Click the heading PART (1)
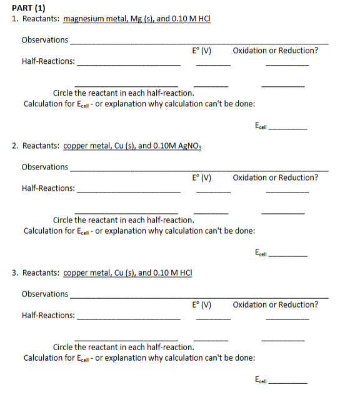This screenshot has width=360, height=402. [x=29, y=8]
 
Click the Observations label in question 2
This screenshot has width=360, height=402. [x=45, y=167]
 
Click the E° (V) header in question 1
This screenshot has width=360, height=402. [x=202, y=51]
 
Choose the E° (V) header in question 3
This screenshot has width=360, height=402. [x=202, y=305]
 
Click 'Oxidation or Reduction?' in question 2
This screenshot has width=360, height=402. [x=275, y=178]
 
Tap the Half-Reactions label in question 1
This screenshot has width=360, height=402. [x=48, y=61]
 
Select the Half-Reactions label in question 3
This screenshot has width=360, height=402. [x=48, y=316]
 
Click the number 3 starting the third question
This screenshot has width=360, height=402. [x=14, y=273]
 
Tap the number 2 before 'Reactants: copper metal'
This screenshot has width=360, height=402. [x=14, y=146]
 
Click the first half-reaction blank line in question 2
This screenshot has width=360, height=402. [x=128, y=191]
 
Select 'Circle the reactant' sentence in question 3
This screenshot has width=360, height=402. [x=123, y=347]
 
